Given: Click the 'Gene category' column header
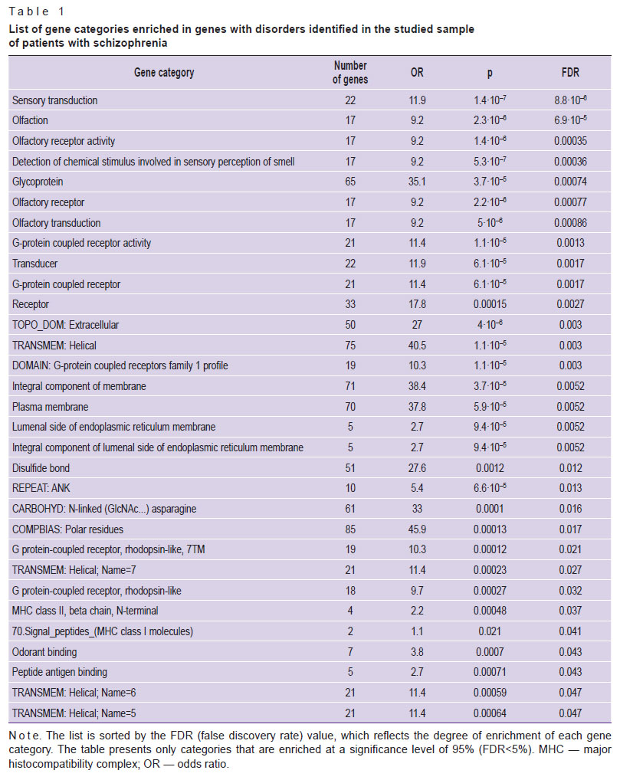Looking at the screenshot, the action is [164, 73].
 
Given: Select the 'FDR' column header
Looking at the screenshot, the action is [570, 73].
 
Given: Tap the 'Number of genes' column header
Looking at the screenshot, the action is [350, 73].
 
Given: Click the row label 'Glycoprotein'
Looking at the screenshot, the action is [38, 182].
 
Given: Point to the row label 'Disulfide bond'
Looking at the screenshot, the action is [41, 468].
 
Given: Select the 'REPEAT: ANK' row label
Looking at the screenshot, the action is [41, 488].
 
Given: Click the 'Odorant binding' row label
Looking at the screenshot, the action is [44, 651].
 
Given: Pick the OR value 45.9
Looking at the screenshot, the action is [417, 529].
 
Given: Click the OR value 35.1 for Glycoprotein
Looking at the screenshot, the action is [417, 182].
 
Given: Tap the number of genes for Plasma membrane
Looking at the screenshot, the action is [350, 407].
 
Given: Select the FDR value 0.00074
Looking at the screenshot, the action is [570, 182].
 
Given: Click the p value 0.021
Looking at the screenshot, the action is [490, 631].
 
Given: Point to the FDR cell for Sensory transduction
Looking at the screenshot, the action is [570, 100].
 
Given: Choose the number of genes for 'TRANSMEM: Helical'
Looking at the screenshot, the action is [350, 346].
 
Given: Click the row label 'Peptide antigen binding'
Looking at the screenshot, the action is [60, 672].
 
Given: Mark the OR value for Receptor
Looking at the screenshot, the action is [417, 304].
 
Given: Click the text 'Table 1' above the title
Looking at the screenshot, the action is [37, 11].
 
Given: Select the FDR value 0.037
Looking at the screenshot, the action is [570, 611].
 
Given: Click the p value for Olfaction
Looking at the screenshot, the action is [490, 120].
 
